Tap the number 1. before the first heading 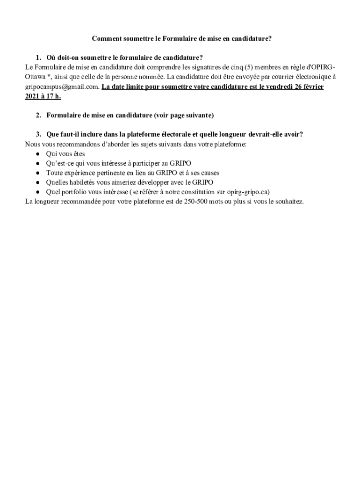point(39,58)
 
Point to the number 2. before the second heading point(39,115)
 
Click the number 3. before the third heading point(39,134)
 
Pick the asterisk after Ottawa point(48,77)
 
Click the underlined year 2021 point(33,96)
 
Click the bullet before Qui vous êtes point(37,154)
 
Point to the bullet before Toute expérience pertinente point(37,173)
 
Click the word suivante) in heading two point(198,115)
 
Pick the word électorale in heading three point(163,134)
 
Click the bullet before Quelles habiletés point(37,182)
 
